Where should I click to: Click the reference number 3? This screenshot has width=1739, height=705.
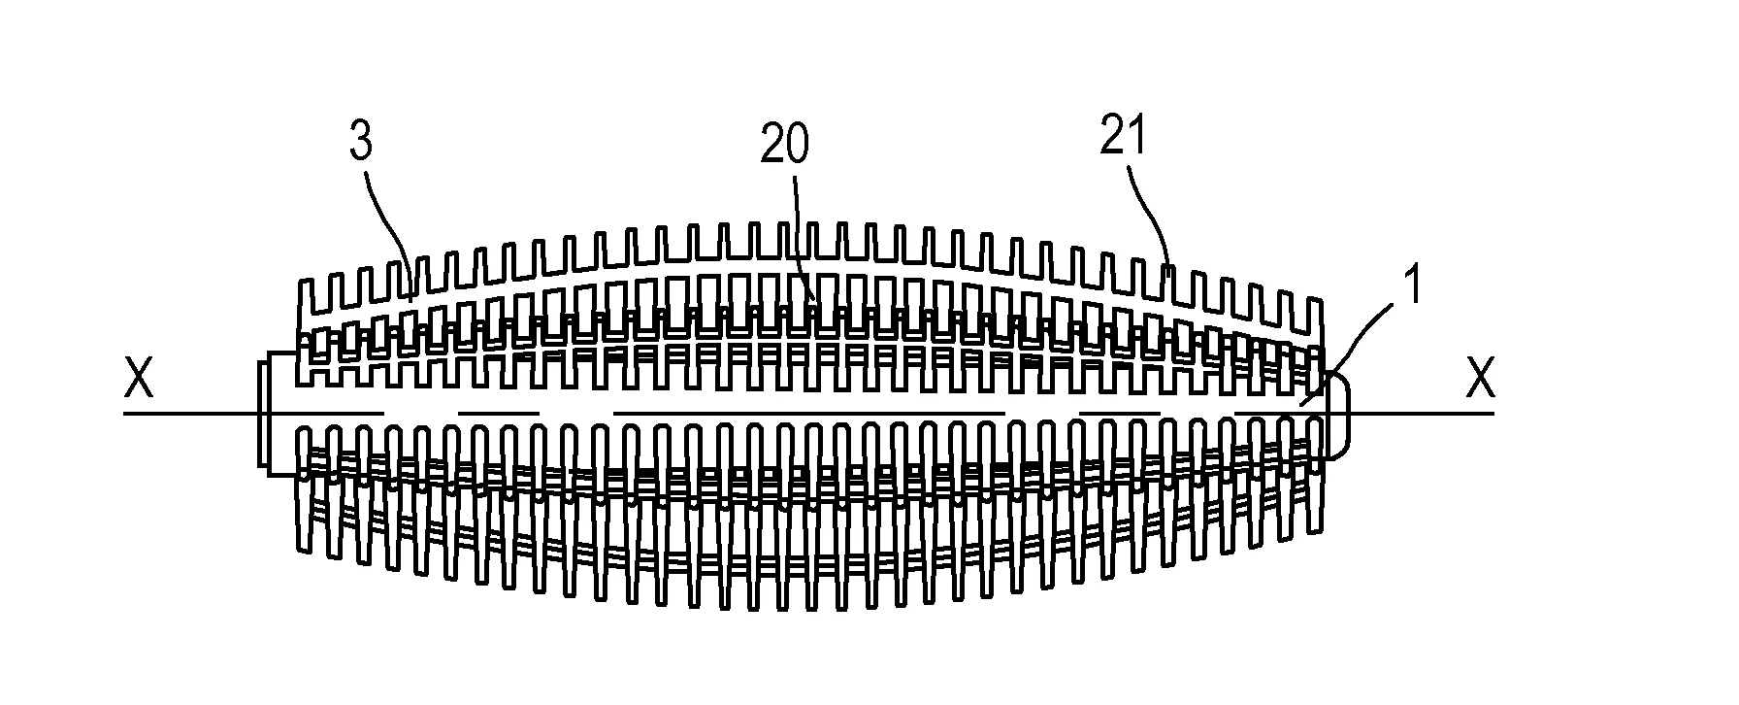click(x=360, y=143)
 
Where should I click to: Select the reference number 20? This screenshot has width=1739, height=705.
click(x=784, y=146)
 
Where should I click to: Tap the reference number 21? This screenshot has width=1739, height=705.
click(x=1124, y=137)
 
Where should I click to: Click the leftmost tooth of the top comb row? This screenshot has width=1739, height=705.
click(x=307, y=297)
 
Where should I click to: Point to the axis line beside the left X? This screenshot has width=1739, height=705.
click(x=190, y=415)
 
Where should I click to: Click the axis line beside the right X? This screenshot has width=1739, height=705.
click(x=1422, y=415)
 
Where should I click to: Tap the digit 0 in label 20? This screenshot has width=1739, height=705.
click(x=798, y=146)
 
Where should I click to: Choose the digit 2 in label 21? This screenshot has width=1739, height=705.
click(x=1112, y=137)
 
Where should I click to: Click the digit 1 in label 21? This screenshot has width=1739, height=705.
click(x=1139, y=137)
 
